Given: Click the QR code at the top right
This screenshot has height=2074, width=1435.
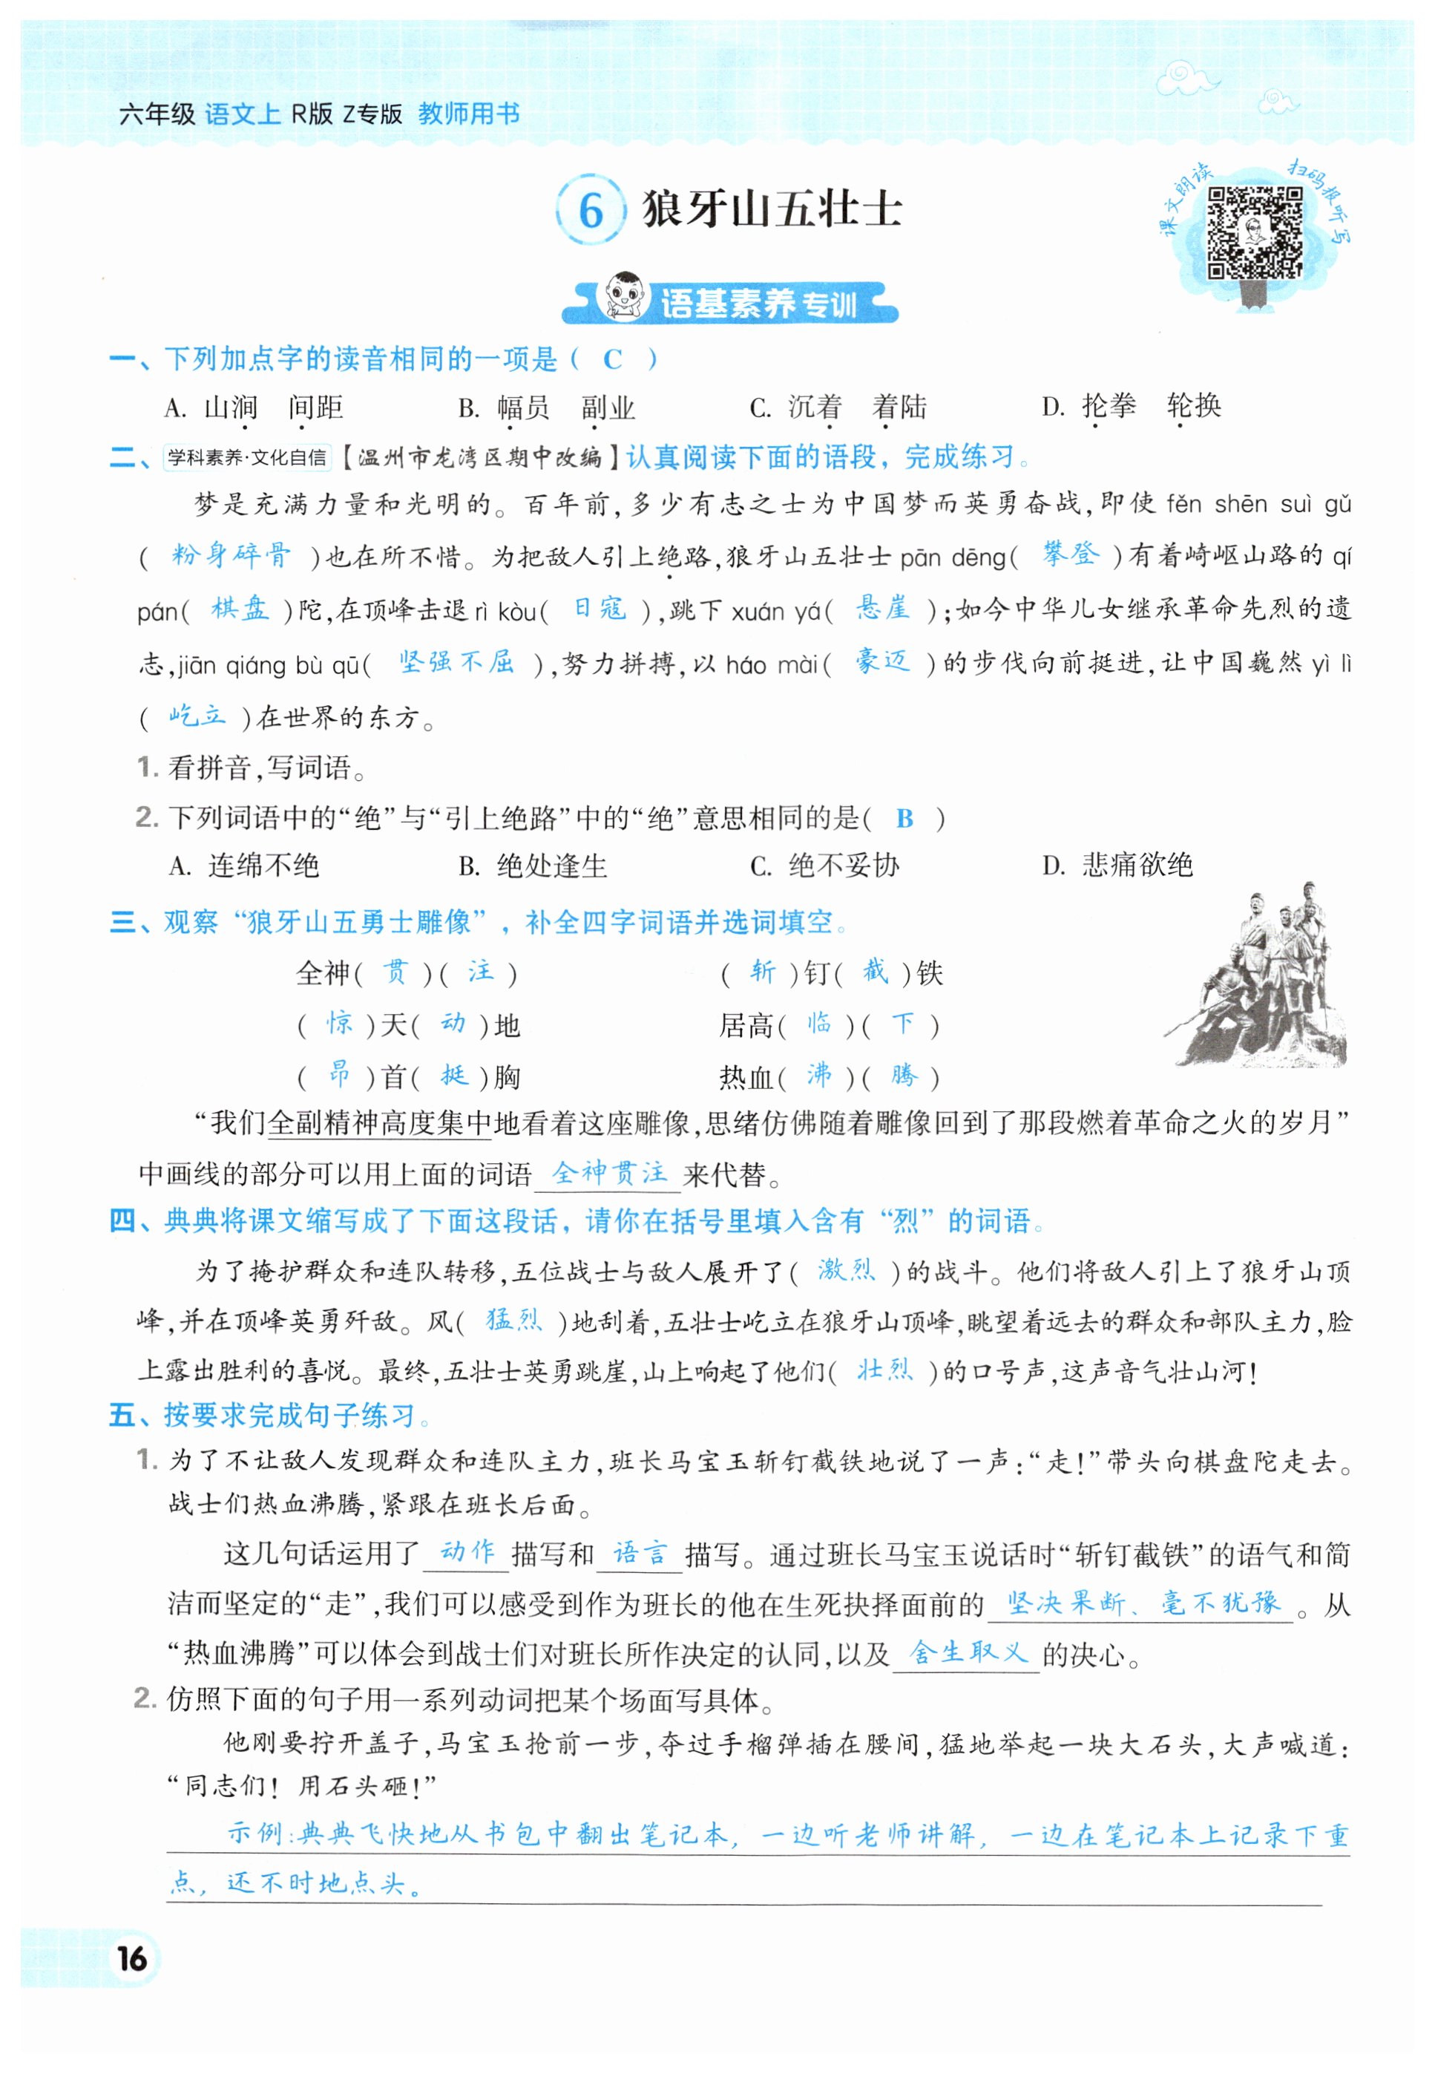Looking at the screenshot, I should tap(1254, 232).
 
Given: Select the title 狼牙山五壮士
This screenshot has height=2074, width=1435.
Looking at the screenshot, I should tap(772, 209).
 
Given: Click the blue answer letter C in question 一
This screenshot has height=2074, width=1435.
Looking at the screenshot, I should tap(612, 360).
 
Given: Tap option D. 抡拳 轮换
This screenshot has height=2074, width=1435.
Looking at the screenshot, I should tap(1131, 407).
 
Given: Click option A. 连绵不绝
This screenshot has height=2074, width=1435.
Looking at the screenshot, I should tap(243, 866).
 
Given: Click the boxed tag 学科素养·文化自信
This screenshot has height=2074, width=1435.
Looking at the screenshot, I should tap(247, 457).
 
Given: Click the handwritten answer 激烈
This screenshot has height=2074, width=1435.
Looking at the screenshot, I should tap(845, 1270).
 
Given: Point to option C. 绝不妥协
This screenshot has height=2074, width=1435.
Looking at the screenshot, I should tap(824, 866).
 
